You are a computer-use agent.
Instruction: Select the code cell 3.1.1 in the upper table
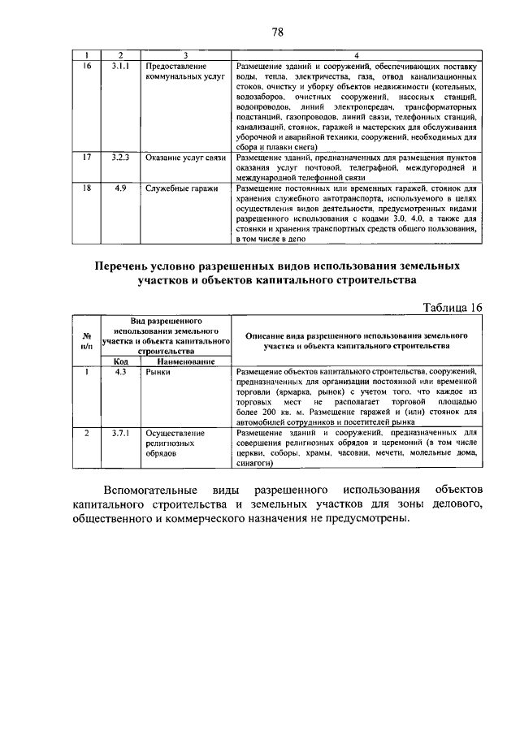pos(119,65)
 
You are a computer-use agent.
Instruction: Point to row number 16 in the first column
pos(87,65)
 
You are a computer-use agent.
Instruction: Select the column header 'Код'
pos(119,361)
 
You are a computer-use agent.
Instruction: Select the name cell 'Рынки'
pos(158,372)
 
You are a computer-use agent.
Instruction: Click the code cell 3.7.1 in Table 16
pos(119,434)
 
